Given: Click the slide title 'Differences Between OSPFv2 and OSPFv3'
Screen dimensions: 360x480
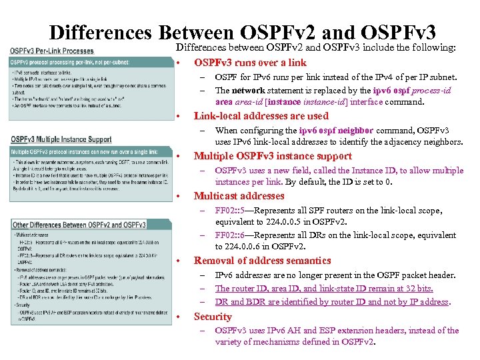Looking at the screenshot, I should pyautogui.click(x=243, y=31).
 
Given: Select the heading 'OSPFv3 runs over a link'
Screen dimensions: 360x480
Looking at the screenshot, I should pyautogui.click(x=250, y=63).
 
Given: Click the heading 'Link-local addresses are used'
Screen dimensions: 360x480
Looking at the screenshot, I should pyautogui.click(x=251, y=116).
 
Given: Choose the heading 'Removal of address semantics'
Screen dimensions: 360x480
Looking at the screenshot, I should pyautogui.click(x=253, y=261).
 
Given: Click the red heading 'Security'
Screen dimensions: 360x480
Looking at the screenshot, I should pyautogui.click(x=213, y=317).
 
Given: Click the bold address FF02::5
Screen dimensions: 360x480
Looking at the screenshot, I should pyautogui.click(x=229, y=210).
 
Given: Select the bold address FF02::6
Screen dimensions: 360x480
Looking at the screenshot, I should pyautogui.click(x=229, y=235).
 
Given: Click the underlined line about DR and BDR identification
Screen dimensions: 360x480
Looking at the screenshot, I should pyautogui.click(x=332, y=301).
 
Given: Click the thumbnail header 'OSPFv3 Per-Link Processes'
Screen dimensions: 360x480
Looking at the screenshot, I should pyautogui.click(x=52, y=51).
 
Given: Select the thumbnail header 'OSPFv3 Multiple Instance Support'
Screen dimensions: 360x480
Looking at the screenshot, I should pyautogui.click(x=61, y=139).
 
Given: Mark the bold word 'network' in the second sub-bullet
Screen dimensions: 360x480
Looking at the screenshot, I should pyautogui.click(x=248, y=91).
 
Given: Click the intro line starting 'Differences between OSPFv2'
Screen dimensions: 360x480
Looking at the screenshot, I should pyautogui.click(x=315, y=48).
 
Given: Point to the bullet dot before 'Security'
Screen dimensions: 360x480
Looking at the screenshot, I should pyautogui.click(x=180, y=317).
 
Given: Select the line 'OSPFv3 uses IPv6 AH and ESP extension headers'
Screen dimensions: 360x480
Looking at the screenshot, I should pyautogui.click(x=337, y=330).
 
